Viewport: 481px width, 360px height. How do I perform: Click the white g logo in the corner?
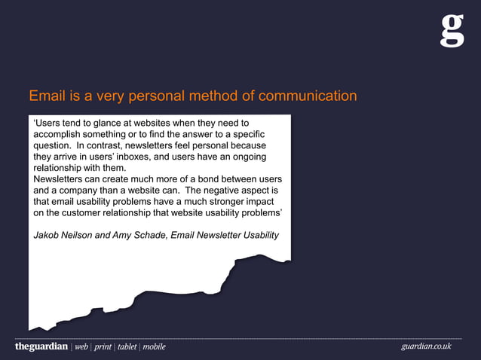[x=452, y=31]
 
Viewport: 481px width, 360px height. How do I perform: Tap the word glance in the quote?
[x=106, y=123]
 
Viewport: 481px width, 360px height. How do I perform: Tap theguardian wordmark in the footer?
[x=41, y=346]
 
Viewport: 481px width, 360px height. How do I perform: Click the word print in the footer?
[x=103, y=347]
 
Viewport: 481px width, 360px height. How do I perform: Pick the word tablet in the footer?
[x=127, y=347]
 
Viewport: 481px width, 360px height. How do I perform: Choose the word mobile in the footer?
[x=154, y=347]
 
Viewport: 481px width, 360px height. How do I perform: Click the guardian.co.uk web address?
[x=426, y=346]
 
